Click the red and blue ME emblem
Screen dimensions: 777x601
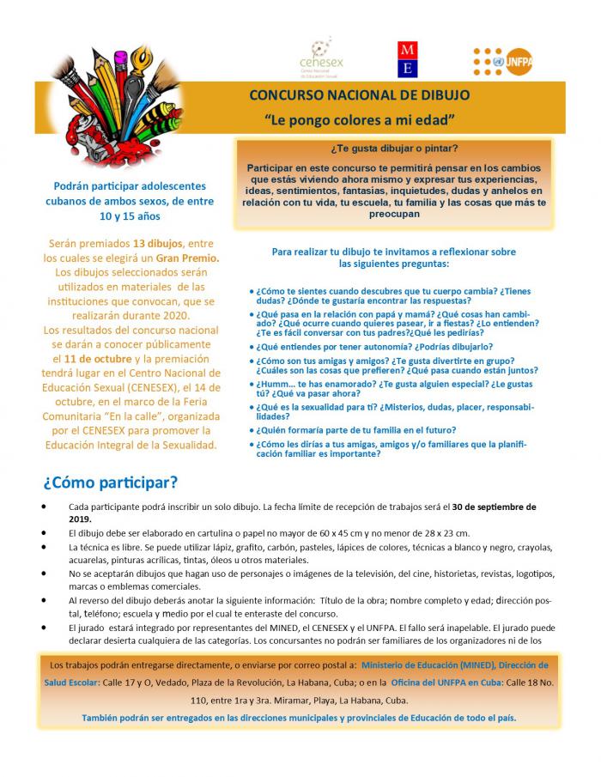(x=409, y=58)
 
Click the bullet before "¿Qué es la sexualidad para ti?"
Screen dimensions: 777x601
(x=251, y=407)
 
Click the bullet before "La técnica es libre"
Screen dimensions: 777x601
(x=45, y=547)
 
